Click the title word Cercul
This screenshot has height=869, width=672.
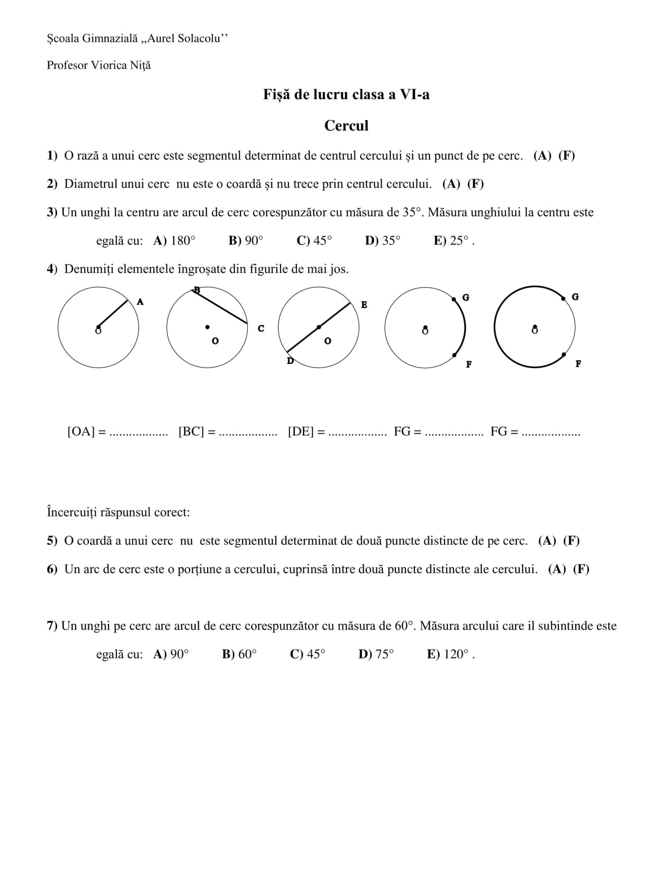tap(346, 126)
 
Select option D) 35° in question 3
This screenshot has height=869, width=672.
tap(382, 241)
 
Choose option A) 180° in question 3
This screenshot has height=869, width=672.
tap(174, 241)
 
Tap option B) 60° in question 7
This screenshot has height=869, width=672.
tap(239, 654)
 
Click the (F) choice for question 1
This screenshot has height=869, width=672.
tap(567, 156)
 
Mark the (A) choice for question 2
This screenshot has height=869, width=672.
tap(451, 184)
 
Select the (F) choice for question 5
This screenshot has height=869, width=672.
tap(571, 541)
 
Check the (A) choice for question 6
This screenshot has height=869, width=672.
tap(557, 569)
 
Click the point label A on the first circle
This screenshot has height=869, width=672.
tap(141, 302)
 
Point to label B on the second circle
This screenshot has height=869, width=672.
tap(197, 290)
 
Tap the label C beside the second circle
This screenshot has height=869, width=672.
tap(261, 328)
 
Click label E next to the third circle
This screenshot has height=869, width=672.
tap(364, 305)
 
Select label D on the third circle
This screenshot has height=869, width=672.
tap(290, 361)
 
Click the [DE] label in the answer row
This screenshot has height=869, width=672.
tap(301, 432)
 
